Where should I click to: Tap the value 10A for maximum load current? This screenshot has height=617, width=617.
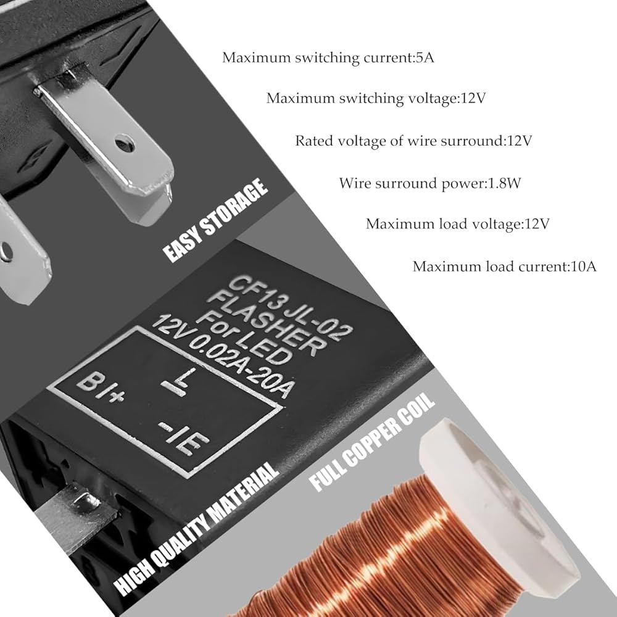(x=583, y=267)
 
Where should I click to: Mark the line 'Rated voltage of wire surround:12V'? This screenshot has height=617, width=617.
(x=413, y=141)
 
